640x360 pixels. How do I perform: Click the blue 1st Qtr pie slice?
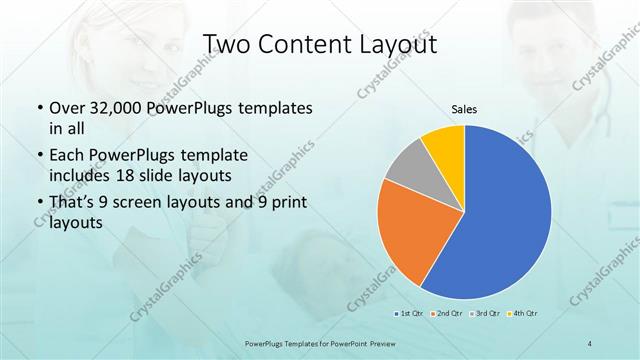500,215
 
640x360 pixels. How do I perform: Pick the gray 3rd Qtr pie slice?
408,166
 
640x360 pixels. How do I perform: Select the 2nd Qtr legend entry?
447,313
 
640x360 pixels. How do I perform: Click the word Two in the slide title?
229,45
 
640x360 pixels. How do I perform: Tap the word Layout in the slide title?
394,45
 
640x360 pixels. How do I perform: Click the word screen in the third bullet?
164,203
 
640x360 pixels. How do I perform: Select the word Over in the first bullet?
67,107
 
